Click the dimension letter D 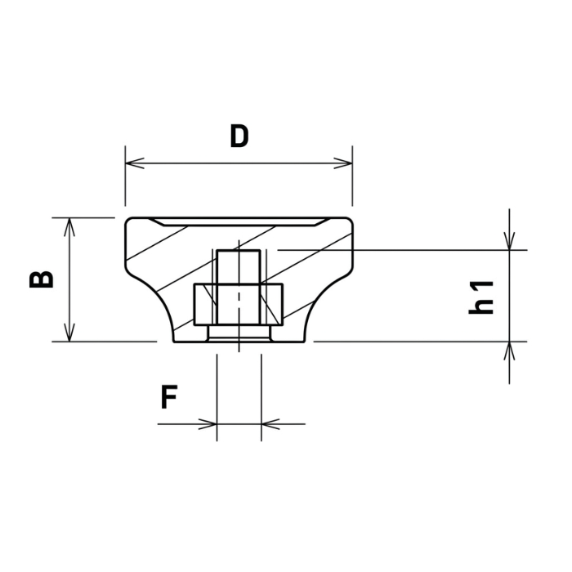(x=239, y=136)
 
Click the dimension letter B (x=41, y=279)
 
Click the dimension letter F (x=169, y=397)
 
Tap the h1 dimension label (x=481, y=297)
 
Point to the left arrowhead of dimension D (x=135, y=163)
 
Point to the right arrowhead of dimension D (x=343, y=163)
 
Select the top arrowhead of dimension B (x=69, y=227)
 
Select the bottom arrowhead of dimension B (x=69, y=333)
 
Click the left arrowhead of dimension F (x=208, y=424)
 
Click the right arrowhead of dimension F (x=270, y=424)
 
